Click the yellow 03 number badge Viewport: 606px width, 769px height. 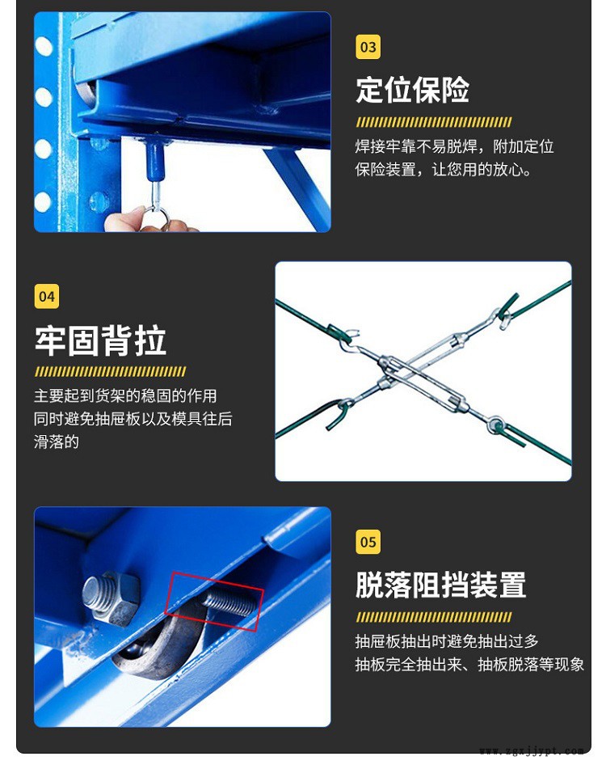(x=368, y=47)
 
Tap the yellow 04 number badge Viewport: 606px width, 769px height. (x=47, y=296)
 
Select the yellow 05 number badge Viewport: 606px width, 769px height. (x=368, y=542)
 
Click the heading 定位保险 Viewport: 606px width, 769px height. (x=413, y=90)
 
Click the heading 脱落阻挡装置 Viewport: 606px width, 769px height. (x=441, y=585)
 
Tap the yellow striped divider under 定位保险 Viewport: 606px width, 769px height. (x=434, y=122)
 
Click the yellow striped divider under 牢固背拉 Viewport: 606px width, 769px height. (x=110, y=371)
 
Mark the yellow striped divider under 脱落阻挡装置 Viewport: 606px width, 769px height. (x=434, y=617)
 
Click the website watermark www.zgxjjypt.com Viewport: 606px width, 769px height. (x=532, y=751)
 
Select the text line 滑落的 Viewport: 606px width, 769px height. (x=57, y=442)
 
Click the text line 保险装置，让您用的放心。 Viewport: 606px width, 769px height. (x=443, y=170)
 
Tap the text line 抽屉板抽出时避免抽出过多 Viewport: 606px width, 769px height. (x=447, y=641)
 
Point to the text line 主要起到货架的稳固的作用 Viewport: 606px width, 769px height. (x=125, y=395)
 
